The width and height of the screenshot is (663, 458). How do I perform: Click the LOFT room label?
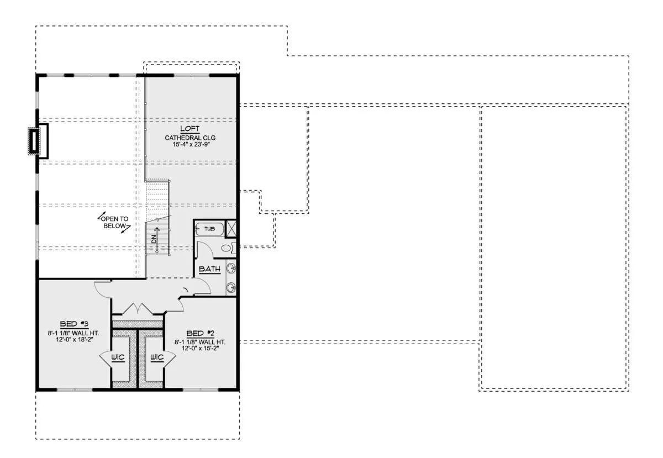pyautogui.click(x=190, y=129)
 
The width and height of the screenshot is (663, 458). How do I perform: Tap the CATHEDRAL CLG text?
pyautogui.click(x=190, y=138)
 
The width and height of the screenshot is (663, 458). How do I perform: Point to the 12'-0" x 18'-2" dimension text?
pyautogui.click(x=75, y=340)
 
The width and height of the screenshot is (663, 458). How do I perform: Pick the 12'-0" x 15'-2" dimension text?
pyautogui.click(x=200, y=349)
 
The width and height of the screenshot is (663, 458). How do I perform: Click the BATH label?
pyautogui.click(x=209, y=269)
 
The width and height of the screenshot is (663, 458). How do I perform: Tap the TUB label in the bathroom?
pyautogui.click(x=209, y=229)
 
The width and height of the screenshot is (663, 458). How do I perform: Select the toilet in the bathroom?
pyautogui.click(x=229, y=248)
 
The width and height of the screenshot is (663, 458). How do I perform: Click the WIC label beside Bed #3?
pyautogui.click(x=118, y=357)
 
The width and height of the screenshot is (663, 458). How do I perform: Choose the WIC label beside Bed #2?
pyautogui.click(x=157, y=357)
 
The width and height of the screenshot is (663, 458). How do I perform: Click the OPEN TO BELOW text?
pyautogui.click(x=114, y=222)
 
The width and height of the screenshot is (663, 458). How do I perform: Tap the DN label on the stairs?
pyautogui.click(x=154, y=239)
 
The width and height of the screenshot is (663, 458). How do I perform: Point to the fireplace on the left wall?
pyautogui.click(x=38, y=141)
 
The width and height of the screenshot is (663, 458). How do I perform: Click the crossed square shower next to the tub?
pyautogui.click(x=231, y=229)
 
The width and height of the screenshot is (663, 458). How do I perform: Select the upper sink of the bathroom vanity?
pyautogui.click(x=231, y=269)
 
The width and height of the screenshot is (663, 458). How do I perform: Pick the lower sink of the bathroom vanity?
pyautogui.click(x=231, y=287)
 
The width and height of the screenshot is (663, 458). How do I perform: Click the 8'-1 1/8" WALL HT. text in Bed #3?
pyautogui.click(x=73, y=333)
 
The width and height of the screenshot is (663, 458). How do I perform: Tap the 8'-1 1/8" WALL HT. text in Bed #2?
pyautogui.click(x=200, y=342)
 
